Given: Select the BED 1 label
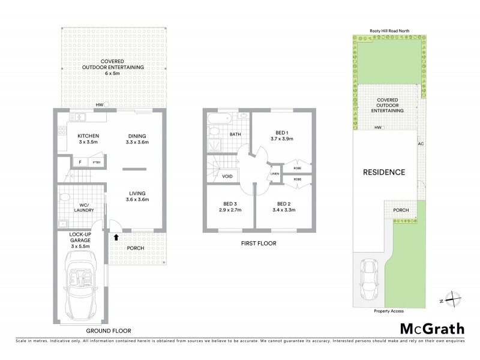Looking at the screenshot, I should coord(280,134).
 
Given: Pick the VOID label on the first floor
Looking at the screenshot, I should coord(227,177).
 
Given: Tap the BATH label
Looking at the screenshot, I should coord(236,134).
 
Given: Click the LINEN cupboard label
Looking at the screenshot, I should coord(275,175).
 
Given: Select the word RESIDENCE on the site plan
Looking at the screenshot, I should coord(384,172).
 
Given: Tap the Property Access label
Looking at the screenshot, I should coord(388,311).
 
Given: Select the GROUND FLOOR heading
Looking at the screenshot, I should coord(109,331).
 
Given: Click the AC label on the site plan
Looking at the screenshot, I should coord(421,144).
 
